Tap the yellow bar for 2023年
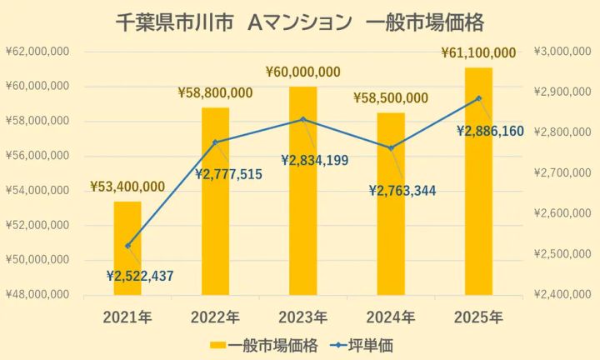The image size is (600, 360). click(303, 191)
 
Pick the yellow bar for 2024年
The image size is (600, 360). click(391, 203)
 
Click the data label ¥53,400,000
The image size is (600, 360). click(127, 186)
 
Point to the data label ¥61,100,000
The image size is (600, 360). click(478, 53)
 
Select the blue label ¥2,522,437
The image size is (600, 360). click(141, 275)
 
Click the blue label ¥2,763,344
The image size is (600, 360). click(402, 191)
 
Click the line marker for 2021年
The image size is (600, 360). click(127, 246)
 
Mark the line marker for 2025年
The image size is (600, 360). click(478, 98)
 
